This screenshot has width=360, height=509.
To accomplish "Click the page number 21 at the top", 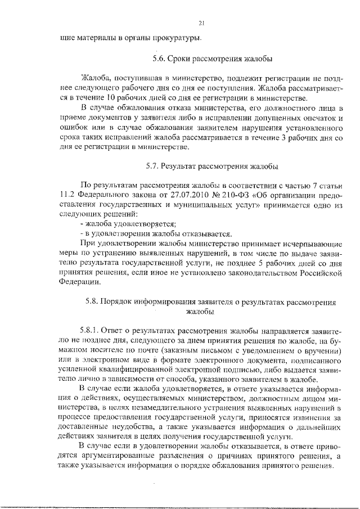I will (201, 23).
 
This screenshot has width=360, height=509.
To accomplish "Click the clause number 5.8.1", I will (91, 331).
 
